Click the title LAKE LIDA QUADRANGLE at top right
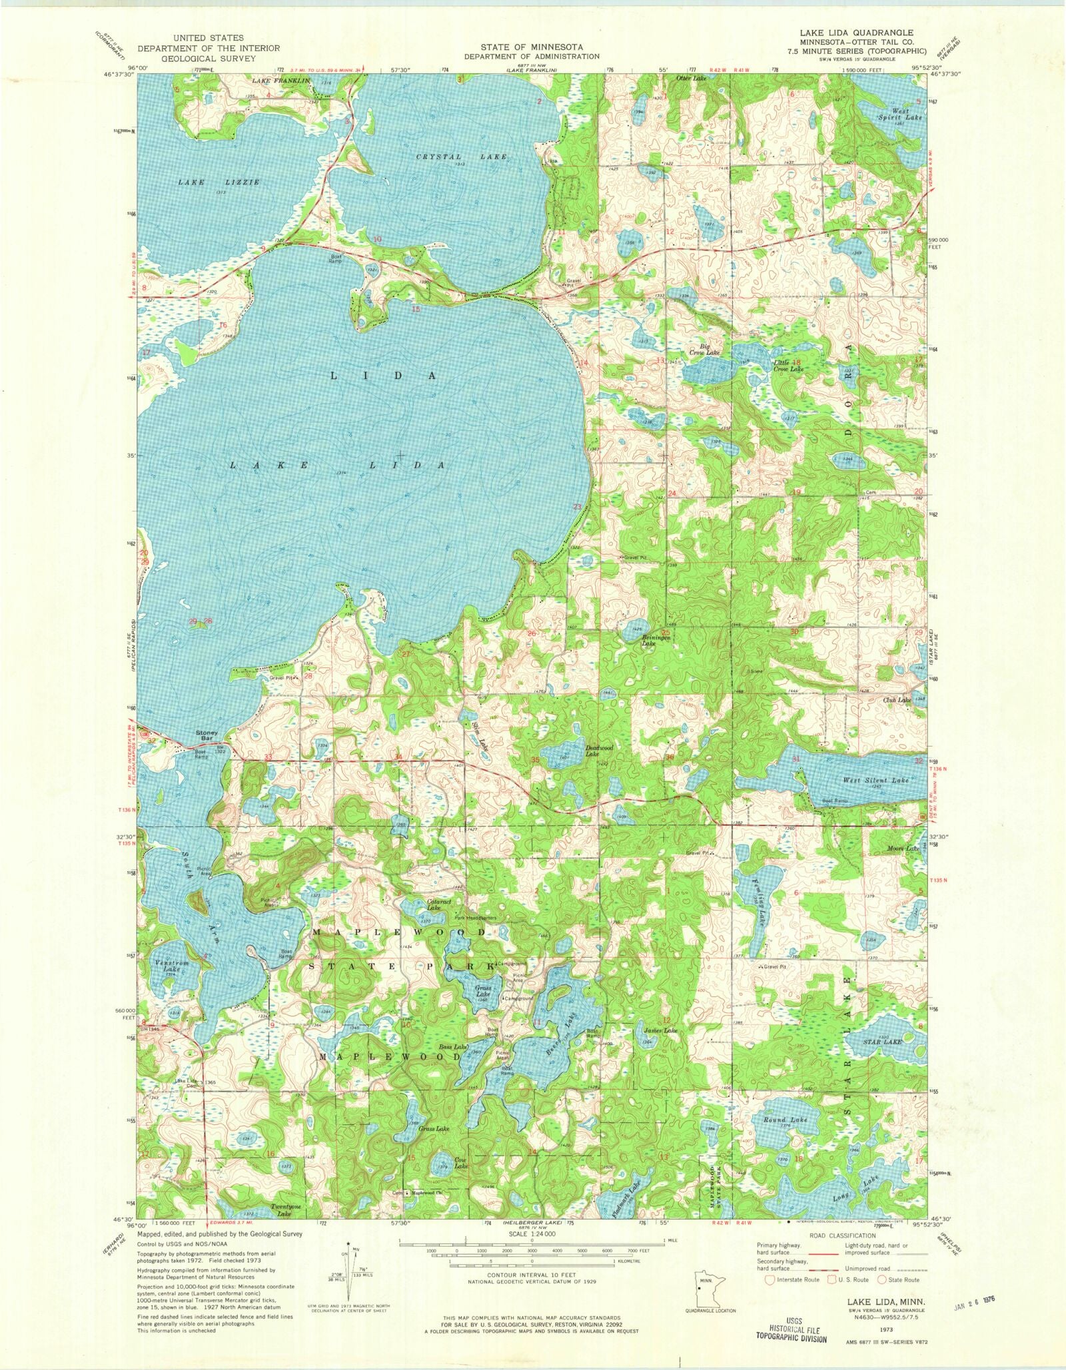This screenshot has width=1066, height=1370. [856, 33]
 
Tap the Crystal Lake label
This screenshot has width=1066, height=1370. [462, 157]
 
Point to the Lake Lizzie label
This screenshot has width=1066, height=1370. [219, 182]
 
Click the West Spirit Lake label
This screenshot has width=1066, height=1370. [900, 114]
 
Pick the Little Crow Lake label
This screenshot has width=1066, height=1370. [788, 365]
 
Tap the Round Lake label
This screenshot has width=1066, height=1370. [785, 1120]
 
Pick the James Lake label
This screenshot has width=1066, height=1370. [660, 1030]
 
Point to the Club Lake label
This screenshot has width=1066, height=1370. [896, 700]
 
